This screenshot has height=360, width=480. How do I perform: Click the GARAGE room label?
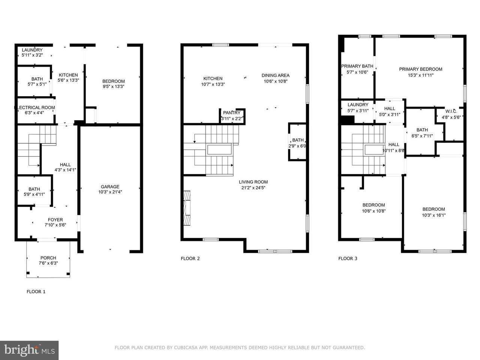click(110, 187)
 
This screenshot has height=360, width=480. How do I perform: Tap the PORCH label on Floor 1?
click(48, 258)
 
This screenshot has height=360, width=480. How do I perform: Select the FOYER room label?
click(55, 220)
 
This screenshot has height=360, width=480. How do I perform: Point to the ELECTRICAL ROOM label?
click(34, 108)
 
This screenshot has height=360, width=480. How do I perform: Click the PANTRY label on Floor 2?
click(232, 113)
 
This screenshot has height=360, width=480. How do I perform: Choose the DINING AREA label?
click(276, 75)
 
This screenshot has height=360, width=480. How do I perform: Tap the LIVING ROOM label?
click(253, 182)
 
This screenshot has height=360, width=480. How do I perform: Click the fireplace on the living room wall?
click(187, 208)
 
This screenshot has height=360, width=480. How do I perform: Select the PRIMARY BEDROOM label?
click(421, 69)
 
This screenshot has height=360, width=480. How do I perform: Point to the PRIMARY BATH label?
click(357, 66)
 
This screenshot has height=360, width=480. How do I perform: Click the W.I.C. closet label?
click(451, 111)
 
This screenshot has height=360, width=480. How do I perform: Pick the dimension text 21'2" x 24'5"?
click(253, 188)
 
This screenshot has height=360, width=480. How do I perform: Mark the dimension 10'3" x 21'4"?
click(110, 192)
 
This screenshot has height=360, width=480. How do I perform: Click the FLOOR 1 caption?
click(36, 292)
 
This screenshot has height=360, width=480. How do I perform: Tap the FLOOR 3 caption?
click(348, 259)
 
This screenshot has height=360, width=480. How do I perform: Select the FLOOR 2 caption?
click(190, 259)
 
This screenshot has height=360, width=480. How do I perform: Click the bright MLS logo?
click(29, 350)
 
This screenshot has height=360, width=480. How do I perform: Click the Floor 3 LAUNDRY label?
click(358, 105)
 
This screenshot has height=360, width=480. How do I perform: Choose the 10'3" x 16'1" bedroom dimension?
click(433, 215)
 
